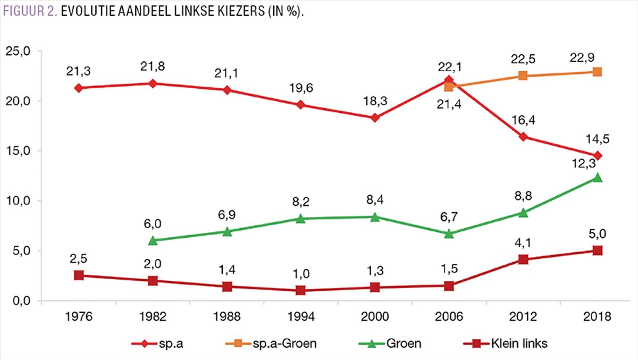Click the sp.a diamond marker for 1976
79,88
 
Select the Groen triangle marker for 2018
597,178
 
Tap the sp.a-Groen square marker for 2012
523,76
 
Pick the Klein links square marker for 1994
301,290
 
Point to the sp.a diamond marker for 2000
375,118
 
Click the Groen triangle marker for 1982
153,240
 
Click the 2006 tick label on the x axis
449,317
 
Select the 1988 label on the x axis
227,317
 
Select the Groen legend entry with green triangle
406,344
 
